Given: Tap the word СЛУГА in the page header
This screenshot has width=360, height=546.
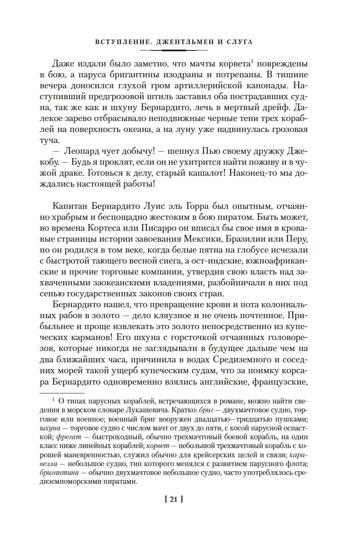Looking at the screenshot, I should pyautogui.click(x=238, y=42).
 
